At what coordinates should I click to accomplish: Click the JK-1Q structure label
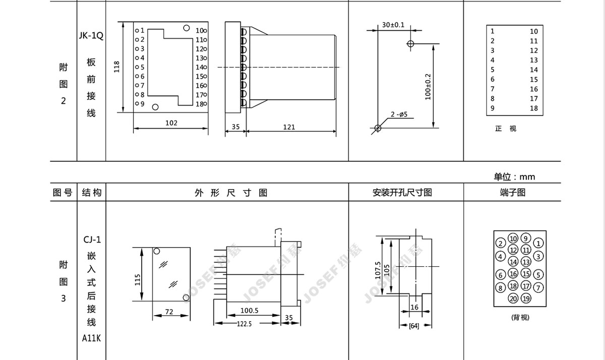click(91, 35)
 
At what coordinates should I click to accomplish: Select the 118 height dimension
click(116, 67)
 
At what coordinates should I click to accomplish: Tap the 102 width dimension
click(171, 123)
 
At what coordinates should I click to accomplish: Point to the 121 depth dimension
click(289, 127)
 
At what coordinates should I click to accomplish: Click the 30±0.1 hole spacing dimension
click(393, 25)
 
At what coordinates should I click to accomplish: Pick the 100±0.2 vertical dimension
click(428, 87)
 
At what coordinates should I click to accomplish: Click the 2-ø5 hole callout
click(399, 114)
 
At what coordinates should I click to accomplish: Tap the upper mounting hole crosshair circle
click(410, 43)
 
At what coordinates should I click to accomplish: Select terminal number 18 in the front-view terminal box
click(534, 108)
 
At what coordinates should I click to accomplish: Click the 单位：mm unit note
click(514, 177)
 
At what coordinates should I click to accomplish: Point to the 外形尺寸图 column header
click(231, 193)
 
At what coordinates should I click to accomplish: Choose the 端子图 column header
click(513, 193)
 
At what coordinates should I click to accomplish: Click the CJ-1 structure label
click(92, 239)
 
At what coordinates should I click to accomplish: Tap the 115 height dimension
click(138, 280)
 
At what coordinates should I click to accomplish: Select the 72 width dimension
click(169, 312)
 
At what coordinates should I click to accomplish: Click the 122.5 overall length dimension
click(244, 324)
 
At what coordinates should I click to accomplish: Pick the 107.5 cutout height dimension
click(378, 270)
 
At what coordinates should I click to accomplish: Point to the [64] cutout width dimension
click(414, 326)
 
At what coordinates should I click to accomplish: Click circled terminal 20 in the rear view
click(513, 298)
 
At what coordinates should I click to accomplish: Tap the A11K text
click(91, 338)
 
